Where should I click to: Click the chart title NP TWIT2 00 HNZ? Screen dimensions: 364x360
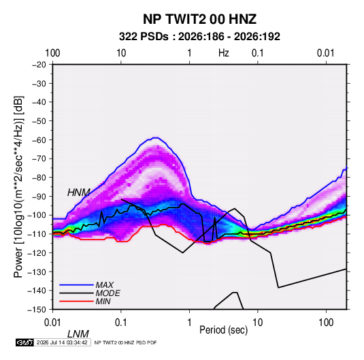(199, 19)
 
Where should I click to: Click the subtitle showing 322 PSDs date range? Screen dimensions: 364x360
(199, 37)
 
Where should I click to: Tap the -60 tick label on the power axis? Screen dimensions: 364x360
(39, 140)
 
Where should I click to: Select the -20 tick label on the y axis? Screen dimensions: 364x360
(39, 65)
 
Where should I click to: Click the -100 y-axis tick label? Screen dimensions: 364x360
(37, 215)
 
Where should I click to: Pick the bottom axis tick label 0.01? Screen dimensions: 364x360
(52, 323)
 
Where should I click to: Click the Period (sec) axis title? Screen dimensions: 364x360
(224, 330)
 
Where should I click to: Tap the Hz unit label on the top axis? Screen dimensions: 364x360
(224, 53)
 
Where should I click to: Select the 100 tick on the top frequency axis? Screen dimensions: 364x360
(52, 53)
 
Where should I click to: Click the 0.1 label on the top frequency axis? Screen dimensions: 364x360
(258, 53)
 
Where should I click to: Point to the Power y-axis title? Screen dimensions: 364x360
(18, 187)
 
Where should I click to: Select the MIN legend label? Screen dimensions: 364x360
(103, 301)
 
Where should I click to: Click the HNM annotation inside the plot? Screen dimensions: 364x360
(79, 193)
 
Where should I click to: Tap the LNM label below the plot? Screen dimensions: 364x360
(78, 334)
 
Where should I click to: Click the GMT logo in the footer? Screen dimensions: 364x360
(25, 342)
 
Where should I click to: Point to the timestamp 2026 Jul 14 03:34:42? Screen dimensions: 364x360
(62, 342)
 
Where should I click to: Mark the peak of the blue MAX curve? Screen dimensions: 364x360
(156, 137)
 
